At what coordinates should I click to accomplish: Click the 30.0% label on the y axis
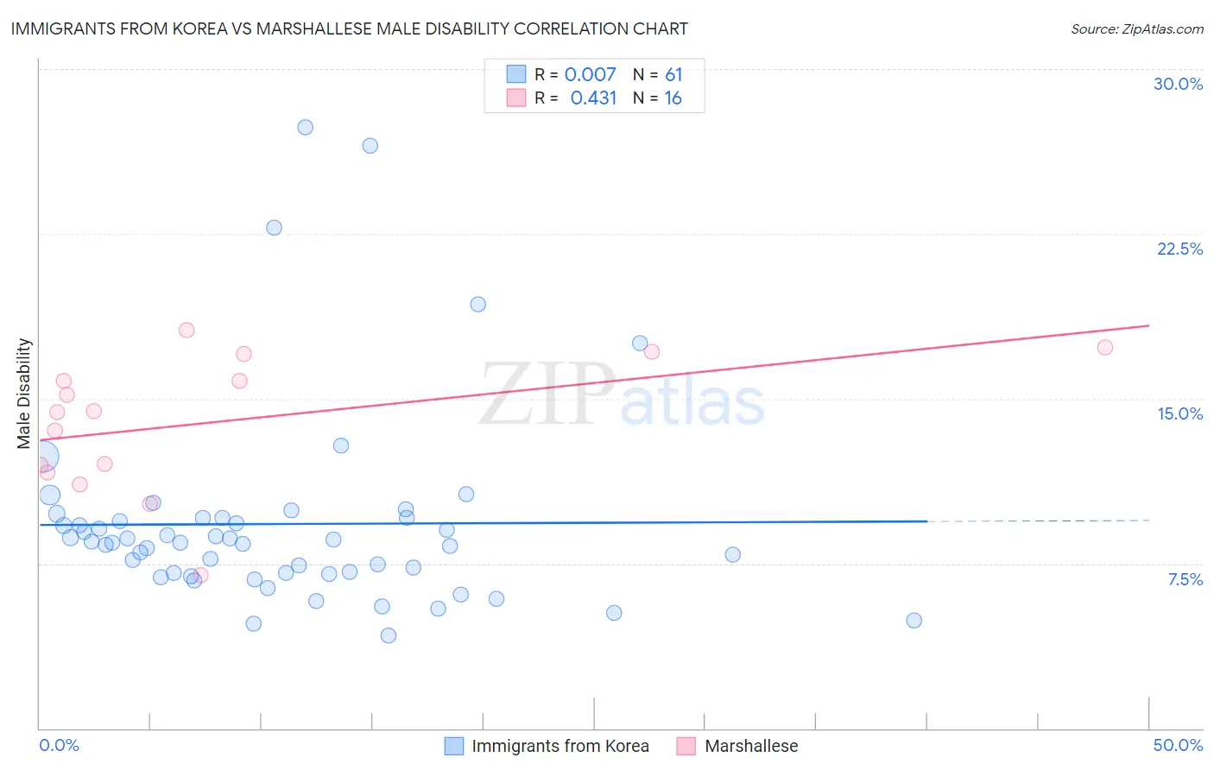[1178, 84]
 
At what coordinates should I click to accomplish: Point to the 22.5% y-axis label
[1179, 249]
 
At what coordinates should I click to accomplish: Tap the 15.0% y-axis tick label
[1179, 413]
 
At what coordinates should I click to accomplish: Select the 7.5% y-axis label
[1185, 579]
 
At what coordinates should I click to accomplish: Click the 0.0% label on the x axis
[59, 745]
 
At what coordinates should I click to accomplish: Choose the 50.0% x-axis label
[1177, 745]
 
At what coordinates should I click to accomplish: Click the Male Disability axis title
[24, 393]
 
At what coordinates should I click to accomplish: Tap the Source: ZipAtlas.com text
[1136, 28]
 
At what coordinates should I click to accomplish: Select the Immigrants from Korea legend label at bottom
[560, 746]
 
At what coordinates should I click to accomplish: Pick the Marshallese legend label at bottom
[751, 746]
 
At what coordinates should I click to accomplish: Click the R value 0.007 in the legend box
[590, 74]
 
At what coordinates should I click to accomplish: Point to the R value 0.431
[593, 98]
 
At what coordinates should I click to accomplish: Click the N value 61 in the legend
[673, 74]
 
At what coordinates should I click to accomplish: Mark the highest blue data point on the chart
[305, 127]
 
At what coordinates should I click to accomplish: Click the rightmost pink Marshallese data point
[1104, 347]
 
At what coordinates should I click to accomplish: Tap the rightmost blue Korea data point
[914, 620]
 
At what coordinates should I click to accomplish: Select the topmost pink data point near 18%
[187, 330]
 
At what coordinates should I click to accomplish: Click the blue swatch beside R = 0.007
[515, 74]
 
